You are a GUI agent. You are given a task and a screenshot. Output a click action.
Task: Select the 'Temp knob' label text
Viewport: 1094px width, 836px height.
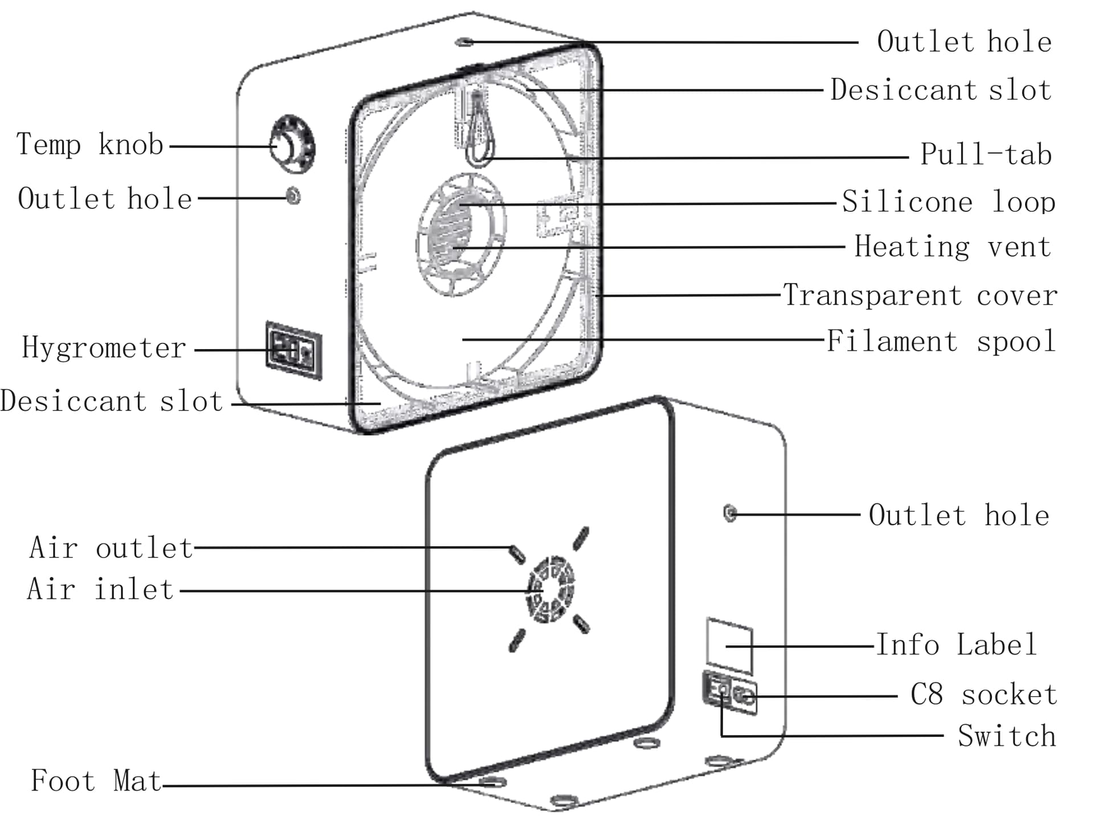(x=90, y=145)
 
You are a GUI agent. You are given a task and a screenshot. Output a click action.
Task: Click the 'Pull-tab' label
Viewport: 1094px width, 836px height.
(x=986, y=154)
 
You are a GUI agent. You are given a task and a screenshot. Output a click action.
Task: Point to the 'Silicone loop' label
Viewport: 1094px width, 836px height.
(x=949, y=202)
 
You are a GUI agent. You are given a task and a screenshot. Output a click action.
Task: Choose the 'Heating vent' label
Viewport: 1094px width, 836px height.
(x=953, y=247)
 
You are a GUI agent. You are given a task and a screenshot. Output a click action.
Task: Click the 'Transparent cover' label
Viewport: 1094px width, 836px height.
(x=920, y=296)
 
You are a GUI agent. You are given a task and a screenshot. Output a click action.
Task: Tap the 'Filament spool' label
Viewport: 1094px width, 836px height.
(x=941, y=342)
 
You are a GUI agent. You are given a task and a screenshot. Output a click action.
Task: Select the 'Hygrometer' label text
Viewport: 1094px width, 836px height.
(x=104, y=348)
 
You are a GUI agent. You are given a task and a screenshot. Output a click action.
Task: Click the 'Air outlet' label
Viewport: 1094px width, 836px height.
(x=111, y=548)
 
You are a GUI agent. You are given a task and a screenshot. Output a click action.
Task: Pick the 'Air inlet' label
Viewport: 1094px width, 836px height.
(x=100, y=589)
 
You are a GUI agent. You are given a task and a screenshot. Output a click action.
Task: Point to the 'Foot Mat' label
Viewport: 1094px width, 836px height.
(x=96, y=781)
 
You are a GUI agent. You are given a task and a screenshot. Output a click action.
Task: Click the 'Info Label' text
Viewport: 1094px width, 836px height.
(x=956, y=645)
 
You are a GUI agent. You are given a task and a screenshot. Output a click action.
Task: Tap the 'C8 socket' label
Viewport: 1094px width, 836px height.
(x=983, y=695)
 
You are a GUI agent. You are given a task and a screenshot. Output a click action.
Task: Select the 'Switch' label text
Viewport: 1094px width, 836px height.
(x=1007, y=736)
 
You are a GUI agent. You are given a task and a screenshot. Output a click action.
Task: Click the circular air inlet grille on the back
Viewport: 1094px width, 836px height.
(x=550, y=589)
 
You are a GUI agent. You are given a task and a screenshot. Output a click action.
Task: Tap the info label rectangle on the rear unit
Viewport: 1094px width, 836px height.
(x=729, y=646)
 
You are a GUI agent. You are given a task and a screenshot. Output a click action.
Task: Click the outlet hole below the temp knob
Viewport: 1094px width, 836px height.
(x=293, y=197)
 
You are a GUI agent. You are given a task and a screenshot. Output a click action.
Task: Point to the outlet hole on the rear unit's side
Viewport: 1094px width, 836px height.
(x=729, y=513)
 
